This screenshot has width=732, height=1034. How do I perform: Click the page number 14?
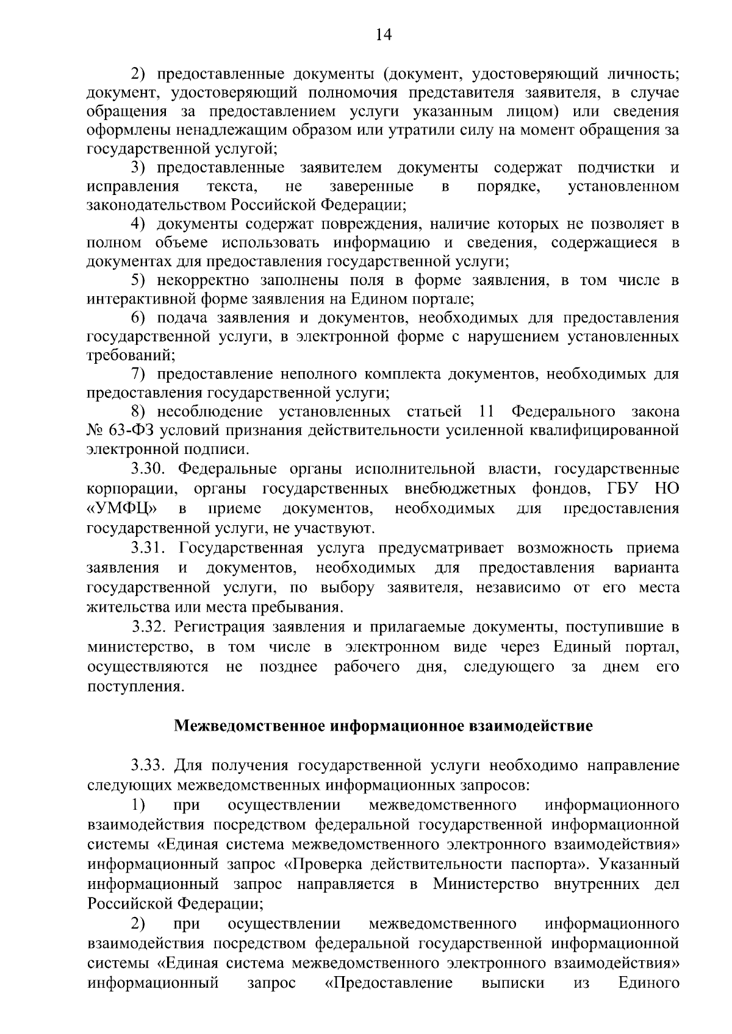tap(383, 34)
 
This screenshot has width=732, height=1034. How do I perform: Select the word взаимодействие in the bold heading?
tap(529, 726)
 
